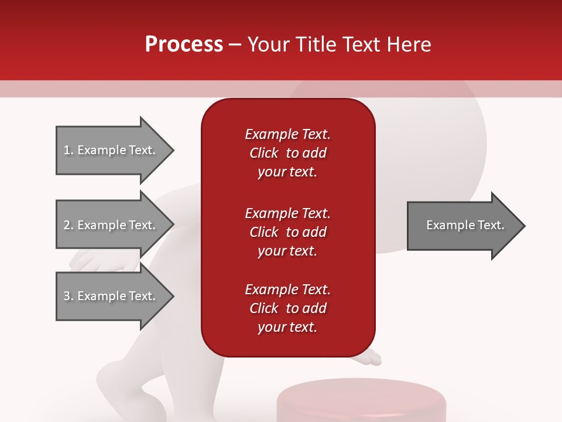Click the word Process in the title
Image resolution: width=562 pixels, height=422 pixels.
tap(184, 45)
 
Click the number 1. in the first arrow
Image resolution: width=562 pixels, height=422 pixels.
tap(68, 151)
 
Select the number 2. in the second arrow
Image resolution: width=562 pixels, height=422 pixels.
tap(68, 225)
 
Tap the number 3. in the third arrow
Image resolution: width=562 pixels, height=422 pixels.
tap(68, 296)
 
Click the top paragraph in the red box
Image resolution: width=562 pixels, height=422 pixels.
tap(287, 153)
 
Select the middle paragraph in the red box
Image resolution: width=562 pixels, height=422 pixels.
tap(287, 232)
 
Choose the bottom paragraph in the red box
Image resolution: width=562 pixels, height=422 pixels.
tap(287, 308)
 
